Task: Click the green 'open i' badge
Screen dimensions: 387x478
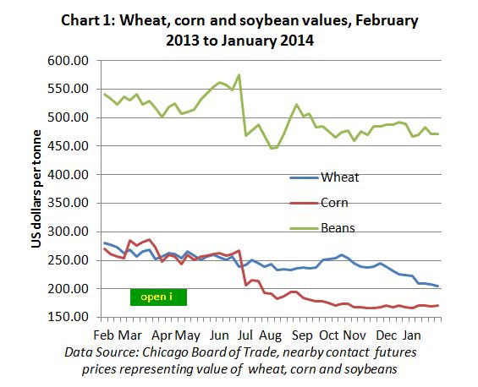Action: coord(157,297)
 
